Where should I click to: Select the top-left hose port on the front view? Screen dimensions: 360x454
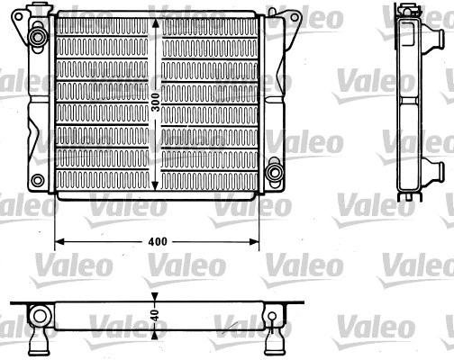38,38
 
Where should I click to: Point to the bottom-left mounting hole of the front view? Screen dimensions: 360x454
37,179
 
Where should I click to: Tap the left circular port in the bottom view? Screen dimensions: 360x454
40,314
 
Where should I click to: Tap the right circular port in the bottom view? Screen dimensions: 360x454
273,314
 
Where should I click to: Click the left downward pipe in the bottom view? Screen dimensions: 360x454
40,342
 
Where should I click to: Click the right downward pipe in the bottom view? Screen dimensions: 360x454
273,342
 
